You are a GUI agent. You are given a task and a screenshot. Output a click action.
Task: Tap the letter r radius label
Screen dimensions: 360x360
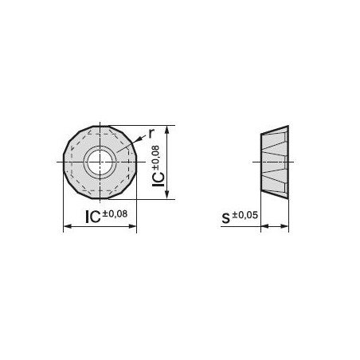point(152,135)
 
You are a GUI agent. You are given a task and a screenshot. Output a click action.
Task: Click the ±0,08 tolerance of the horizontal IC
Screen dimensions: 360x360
point(115,213)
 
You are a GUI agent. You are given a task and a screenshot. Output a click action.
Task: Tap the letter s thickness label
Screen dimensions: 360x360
point(225,217)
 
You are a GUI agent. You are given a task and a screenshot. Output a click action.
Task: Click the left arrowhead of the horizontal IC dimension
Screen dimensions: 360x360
point(65,227)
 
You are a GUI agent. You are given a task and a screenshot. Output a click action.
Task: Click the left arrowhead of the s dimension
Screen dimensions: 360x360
point(264,227)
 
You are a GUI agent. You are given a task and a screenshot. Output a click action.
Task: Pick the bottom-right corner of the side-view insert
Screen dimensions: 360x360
point(288,200)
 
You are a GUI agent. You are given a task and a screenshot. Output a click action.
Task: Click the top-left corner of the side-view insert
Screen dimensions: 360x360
point(261,133)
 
